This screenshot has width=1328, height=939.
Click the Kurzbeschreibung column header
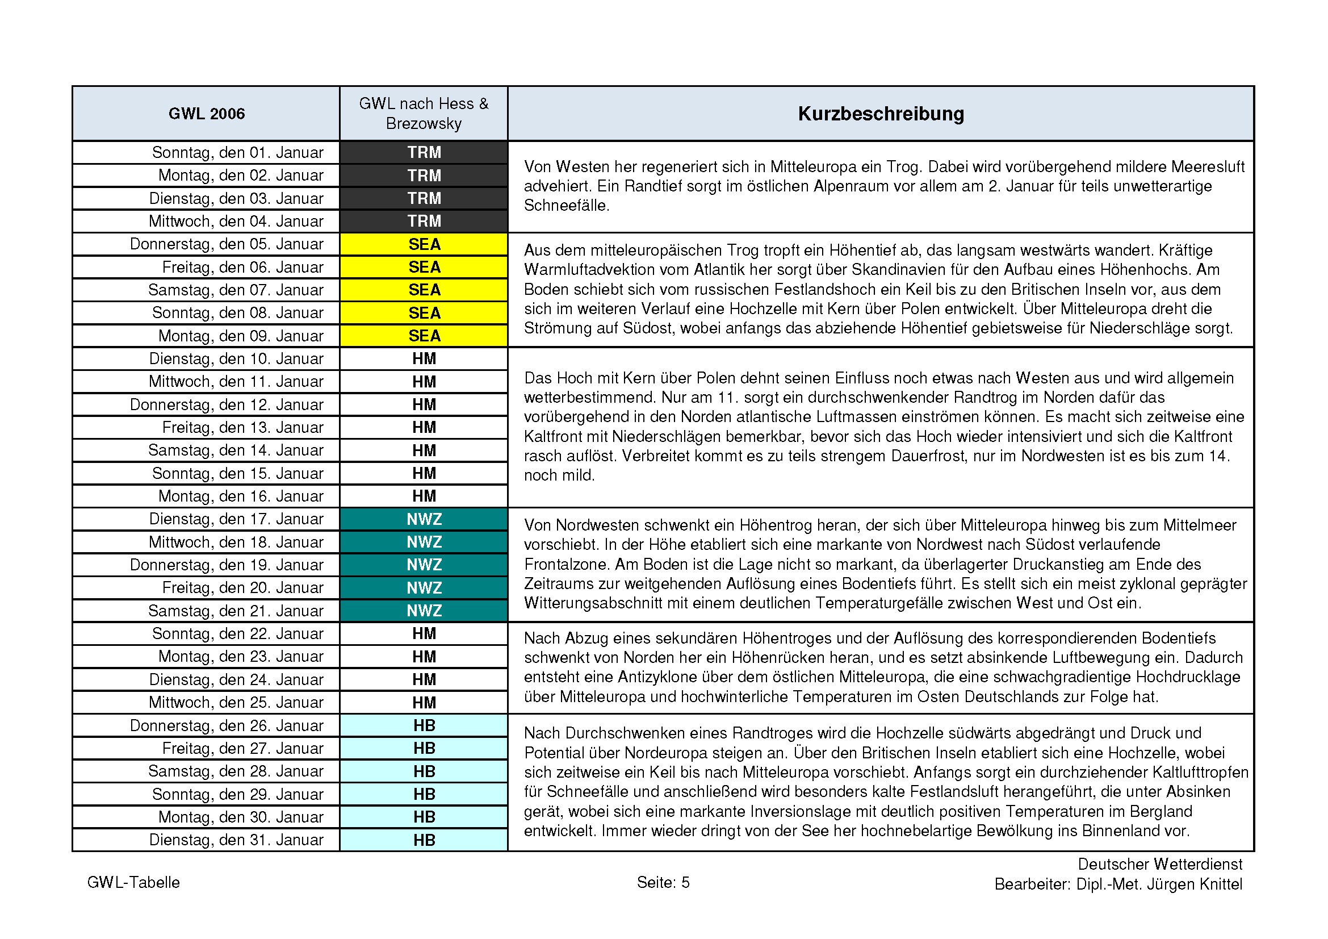click(x=881, y=114)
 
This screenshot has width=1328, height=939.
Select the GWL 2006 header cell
click(x=207, y=114)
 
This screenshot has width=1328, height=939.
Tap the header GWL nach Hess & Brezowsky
click(x=424, y=114)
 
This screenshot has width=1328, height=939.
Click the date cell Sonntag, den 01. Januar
click(x=237, y=153)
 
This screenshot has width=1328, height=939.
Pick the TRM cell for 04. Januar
click(x=424, y=221)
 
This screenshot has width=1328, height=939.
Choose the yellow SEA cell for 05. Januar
click(x=424, y=244)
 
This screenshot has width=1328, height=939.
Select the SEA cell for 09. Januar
click(x=424, y=336)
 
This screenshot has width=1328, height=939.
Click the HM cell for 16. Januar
click(x=424, y=496)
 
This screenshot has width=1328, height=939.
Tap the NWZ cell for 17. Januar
click(x=424, y=519)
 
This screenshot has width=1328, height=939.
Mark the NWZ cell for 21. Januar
click(x=424, y=611)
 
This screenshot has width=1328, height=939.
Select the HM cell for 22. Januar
click(x=424, y=633)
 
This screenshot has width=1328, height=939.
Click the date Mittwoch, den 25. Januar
click(x=236, y=702)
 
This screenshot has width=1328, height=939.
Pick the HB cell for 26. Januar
click(x=424, y=725)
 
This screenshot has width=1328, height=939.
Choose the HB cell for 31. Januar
click(x=424, y=840)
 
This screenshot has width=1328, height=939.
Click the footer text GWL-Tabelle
click(x=133, y=882)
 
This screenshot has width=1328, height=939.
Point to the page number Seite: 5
click(x=663, y=882)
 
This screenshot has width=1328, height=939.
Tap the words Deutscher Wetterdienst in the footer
click(x=1160, y=865)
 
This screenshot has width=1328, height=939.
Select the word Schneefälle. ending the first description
click(x=566, y=206)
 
